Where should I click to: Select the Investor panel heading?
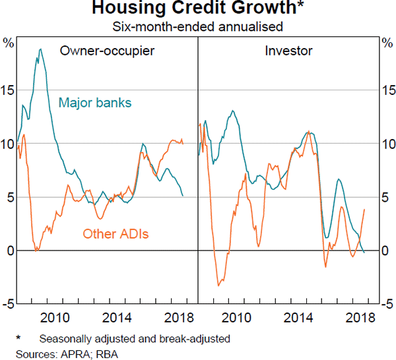(288, 51)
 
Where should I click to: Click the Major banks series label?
(95, 103)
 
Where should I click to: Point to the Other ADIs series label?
(115, 233)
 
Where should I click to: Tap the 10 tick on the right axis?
(387, 144)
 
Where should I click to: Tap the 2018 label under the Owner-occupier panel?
(175, 316)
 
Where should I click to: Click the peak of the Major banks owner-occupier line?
(40, 49)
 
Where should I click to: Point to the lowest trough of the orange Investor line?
(218, 285)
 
